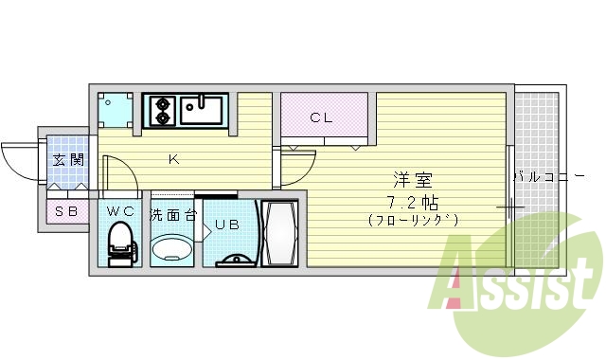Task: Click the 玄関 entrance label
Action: (67, 160)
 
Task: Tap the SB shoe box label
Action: (66, 212)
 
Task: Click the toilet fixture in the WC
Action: (120, 243)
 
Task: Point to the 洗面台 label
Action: (172, 215)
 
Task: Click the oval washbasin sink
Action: (172, 249)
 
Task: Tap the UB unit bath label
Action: (226, 225)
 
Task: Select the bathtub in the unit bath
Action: (282, 234)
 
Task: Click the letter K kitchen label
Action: (173, 159)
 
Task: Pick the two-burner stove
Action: (160, 110)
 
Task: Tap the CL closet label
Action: (322, 118)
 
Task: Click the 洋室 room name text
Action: (411, 180)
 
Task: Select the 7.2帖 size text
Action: (411, 201)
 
